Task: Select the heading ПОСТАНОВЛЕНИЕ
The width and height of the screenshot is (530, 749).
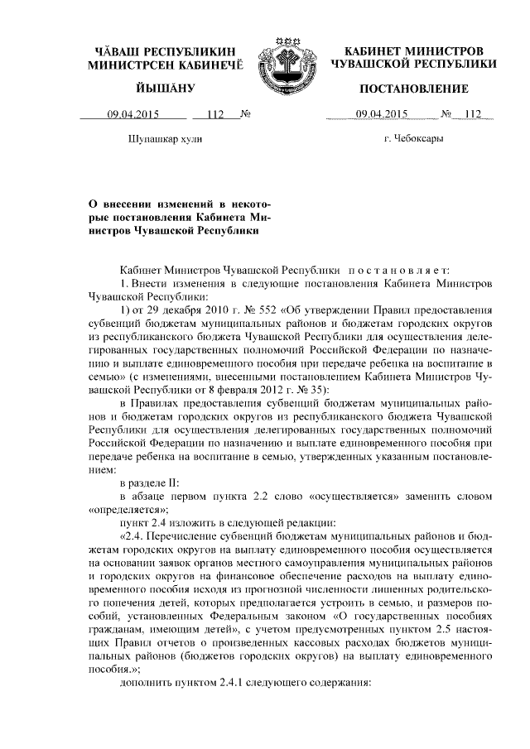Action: tap(414, 89)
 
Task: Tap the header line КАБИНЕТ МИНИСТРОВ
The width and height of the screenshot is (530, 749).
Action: tap(414, 50)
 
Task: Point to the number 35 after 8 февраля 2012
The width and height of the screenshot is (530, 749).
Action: tap(313, 389)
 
